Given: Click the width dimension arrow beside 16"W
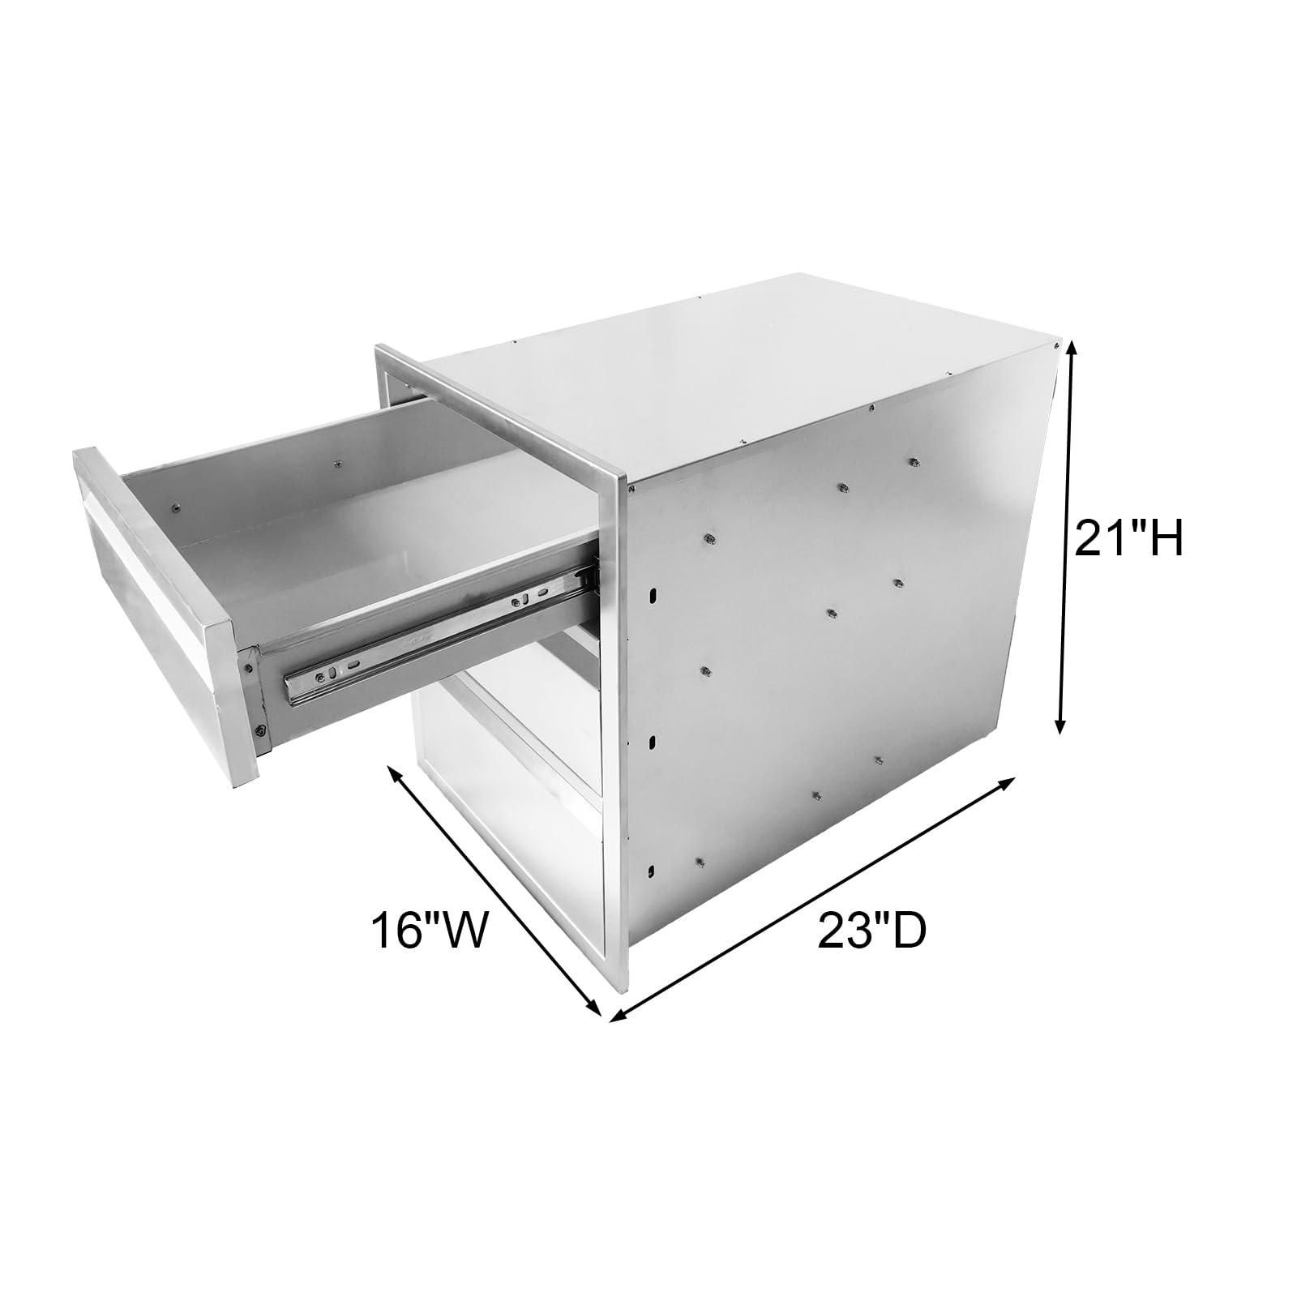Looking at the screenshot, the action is [494, 890].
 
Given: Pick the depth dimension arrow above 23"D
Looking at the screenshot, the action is [813, 897].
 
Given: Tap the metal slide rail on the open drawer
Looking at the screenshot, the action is [438, 625].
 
